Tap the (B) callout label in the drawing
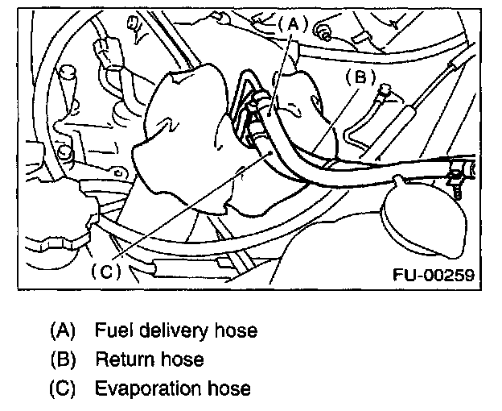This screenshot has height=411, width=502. point(360,78)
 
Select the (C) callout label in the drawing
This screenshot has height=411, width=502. point(105,272)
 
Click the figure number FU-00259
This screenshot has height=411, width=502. point(433,274)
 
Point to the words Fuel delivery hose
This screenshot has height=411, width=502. point(176,330)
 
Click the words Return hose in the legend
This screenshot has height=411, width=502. point(149,359)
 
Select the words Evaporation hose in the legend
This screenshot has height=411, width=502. point(172,388)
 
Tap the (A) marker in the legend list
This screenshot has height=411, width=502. point(62,330)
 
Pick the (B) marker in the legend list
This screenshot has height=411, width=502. point(62,359)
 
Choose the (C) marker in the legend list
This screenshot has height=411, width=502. point(62,388)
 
